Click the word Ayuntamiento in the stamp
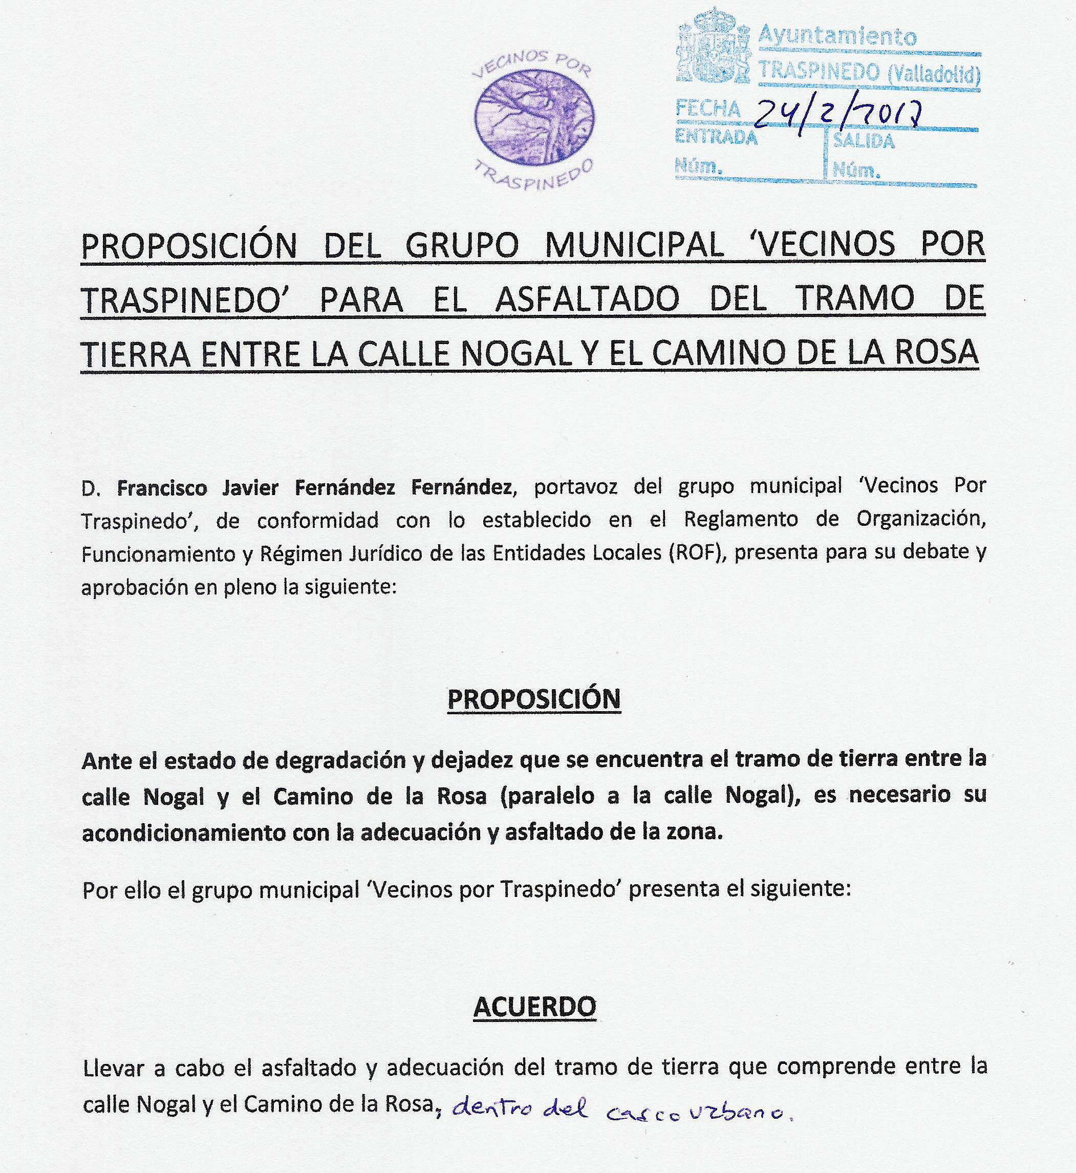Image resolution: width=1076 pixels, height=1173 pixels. [837, 37]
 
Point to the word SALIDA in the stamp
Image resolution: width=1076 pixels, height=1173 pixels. [864, 141]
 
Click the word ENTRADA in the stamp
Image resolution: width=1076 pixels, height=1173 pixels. [716, 137]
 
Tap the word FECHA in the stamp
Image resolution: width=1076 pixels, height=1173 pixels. [708, 109]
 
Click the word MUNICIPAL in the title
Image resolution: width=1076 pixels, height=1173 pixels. [634, 245]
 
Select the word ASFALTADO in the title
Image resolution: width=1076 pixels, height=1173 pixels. [588, 299]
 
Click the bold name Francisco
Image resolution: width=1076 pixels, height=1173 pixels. [162, 487]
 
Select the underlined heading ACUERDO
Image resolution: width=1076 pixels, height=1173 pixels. [534, 1007]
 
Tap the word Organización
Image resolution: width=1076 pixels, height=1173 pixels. [920, 520]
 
